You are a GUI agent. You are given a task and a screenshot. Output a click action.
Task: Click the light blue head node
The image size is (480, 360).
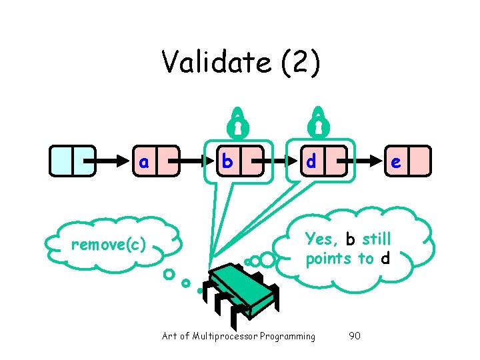[72, 161]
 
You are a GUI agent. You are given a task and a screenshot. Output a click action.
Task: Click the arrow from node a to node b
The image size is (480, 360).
[195, 161]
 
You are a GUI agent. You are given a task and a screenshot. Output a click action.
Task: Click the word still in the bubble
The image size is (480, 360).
[377, 239]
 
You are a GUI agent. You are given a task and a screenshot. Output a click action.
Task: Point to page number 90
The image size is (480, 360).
[355, 336]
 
